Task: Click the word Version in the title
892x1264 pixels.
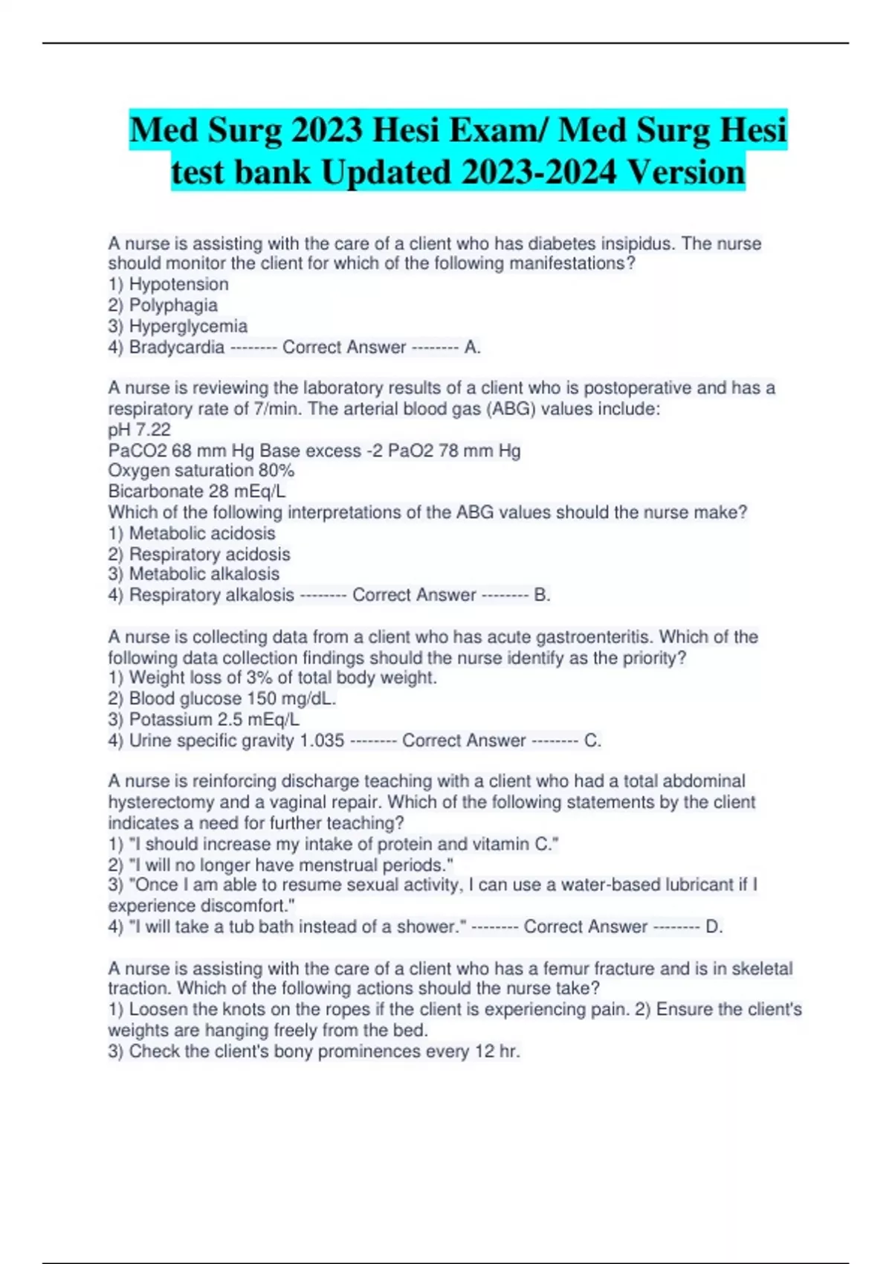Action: [685, 172]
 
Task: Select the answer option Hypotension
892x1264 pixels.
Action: [178, 285]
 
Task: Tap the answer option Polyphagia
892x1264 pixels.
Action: [173, 306]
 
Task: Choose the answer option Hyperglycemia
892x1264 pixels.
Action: [188, 326]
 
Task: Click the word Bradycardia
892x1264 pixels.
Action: [177, 347]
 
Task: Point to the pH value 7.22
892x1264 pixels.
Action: [153, 430]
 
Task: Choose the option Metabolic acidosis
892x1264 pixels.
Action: [202, 533]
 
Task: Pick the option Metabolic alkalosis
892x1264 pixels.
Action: [204, 574]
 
